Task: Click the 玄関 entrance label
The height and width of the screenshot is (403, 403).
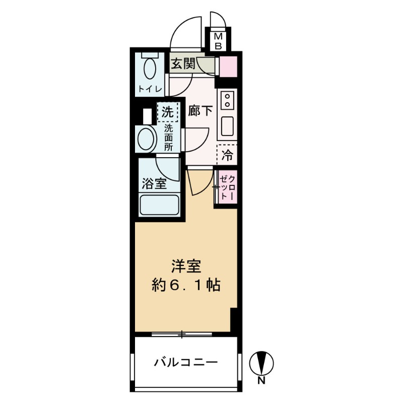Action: click(182, 64)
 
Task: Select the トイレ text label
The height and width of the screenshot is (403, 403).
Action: click(150, 89)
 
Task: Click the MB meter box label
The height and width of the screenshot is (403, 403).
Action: click(219, 41)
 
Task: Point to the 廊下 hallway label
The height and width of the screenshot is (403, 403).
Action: click(200, 111)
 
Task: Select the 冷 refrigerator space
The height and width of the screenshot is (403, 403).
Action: click(228, 156)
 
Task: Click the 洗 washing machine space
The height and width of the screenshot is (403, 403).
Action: click(167, 112)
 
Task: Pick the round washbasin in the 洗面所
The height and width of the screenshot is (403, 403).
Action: click(148, 139)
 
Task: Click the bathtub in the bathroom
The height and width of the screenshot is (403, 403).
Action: click(159, 206)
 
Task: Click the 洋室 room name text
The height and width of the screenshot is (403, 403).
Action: click(186, 265)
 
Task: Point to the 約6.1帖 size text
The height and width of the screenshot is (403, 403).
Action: click(186, 286)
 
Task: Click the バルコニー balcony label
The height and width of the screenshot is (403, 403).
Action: click(186, 362)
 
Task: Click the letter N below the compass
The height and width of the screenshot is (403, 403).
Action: click(262, 381)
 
